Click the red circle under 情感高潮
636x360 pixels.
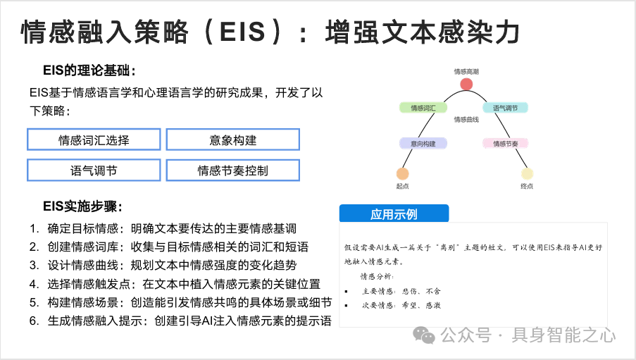tap(466, 85)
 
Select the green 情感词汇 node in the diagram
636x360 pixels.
tap(423, 108)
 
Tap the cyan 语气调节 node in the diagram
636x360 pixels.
tap(505, 108)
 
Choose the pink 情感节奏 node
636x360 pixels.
tap(505, 144)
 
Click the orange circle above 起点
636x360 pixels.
tap(403, 173)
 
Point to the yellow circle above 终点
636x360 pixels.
tap(527, 173)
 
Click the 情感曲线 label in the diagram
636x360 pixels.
tap(466, 120)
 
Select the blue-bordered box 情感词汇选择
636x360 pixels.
tap(94, 139)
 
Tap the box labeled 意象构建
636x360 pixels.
tap(232, 139)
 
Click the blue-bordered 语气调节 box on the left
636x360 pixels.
tap(94, 170)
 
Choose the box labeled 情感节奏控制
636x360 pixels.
tap(232, 170)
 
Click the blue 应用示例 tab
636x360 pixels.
tap(394, 214)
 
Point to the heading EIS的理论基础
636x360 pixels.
tap(89, 70)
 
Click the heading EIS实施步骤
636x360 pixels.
tap(82, 206)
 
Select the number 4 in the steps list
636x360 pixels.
tap(33, 284)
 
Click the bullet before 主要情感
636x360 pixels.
tap(347, 291)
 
